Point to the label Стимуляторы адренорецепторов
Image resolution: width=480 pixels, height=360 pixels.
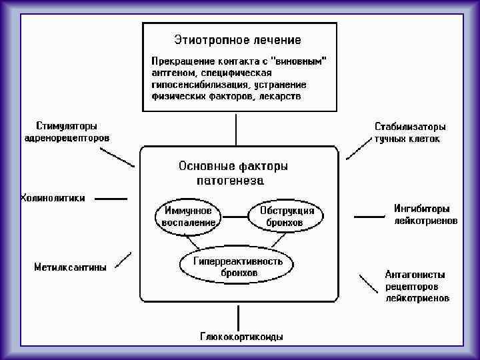66,132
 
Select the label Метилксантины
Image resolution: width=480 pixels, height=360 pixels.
70,267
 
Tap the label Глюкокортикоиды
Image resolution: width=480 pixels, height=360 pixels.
241,337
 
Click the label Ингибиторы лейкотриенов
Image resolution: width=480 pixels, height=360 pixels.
425,214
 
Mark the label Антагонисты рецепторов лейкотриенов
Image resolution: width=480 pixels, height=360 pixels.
417,286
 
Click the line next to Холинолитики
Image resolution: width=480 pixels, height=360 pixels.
111,199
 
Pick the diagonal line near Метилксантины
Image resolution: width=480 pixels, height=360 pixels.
123,259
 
